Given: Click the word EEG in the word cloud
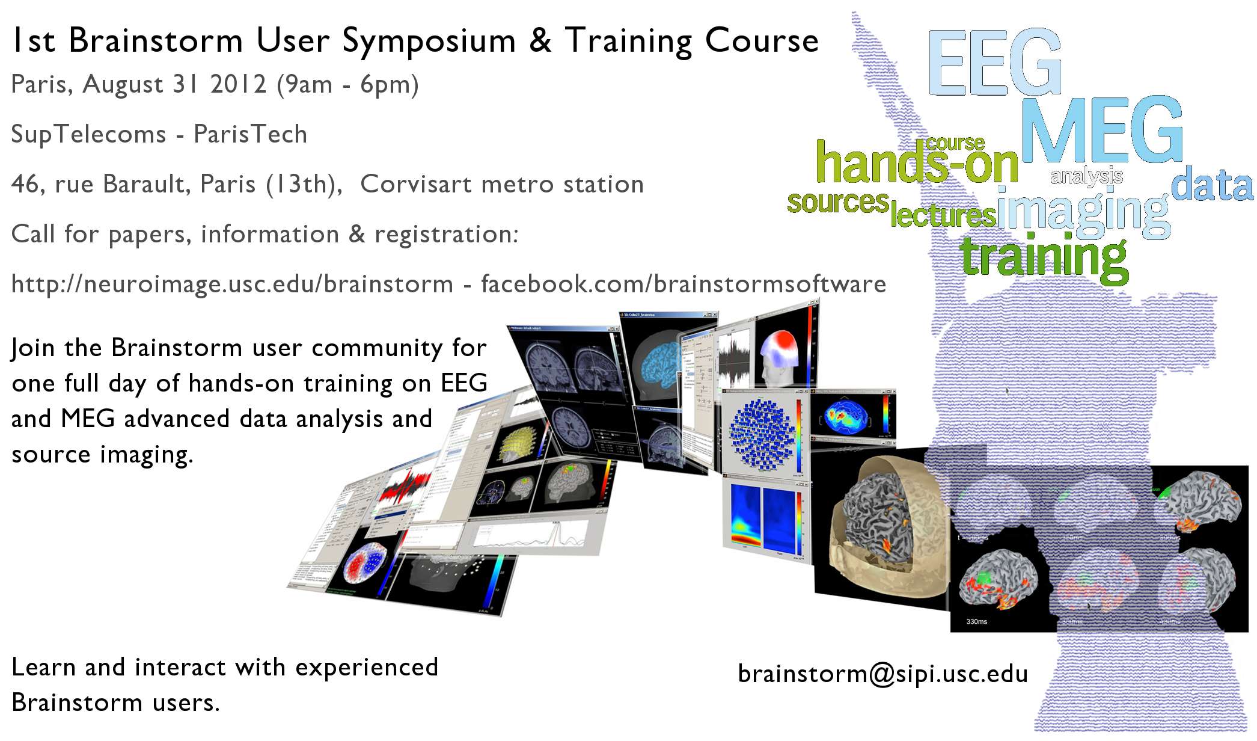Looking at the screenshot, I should pyautogui.click(x=995, y=62).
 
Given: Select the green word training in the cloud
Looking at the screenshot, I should pyautogui.click(x=1044, y=257).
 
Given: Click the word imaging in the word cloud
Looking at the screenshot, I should pyautogui.click(x=1083, y=212).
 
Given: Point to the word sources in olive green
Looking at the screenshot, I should pyautogui.click(x=837, y=203).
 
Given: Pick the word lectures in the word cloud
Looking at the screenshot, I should pyautogui.click(x=943, y=215).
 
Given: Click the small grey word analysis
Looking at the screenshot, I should pyautogui.click(x=1086, y=176).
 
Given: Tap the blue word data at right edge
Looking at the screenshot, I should pyautogui.click(x=1212, y=186).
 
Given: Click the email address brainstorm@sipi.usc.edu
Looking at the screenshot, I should pyautogui.click(x=882, y=674).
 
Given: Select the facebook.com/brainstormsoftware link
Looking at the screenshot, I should pyautogui.click(x=683, y=284).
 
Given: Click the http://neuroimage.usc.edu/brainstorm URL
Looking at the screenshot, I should pyautogui.click(x=232, y=284).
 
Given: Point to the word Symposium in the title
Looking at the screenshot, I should pyautogui.click(x=429, y=41).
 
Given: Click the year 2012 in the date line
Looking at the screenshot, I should pyautogui.click(x=238, y=84).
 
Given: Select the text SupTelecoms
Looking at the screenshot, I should pyautogui.click(x=88, y=134).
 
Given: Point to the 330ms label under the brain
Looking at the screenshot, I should pyautogui.click(x=976, y=621).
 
